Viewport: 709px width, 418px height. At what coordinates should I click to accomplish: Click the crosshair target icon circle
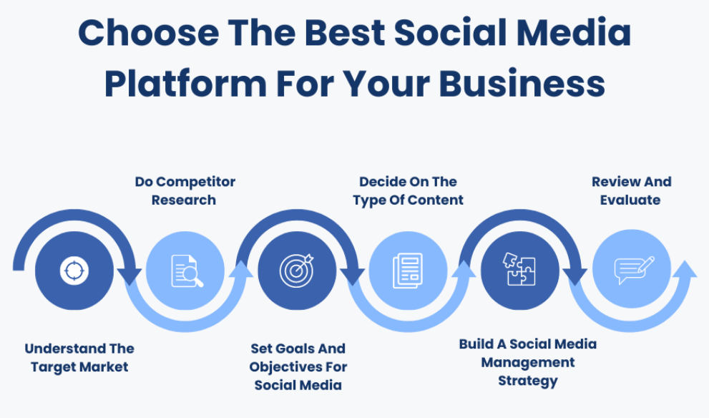73,271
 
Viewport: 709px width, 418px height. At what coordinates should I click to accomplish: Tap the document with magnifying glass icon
185,271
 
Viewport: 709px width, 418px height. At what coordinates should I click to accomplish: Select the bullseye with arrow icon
296,271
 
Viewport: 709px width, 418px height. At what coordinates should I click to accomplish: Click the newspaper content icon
408,271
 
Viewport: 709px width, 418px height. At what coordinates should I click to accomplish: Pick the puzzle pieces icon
519,270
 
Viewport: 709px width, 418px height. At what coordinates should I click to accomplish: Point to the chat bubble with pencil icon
632,271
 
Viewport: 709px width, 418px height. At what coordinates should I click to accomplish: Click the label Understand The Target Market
79,358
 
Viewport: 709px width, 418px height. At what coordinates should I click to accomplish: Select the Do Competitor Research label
185,190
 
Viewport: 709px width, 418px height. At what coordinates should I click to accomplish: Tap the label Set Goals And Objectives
298,366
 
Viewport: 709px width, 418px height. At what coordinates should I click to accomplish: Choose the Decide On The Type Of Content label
409,190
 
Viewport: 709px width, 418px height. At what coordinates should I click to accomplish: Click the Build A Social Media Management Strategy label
528,362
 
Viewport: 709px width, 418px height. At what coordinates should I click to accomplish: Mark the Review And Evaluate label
631,190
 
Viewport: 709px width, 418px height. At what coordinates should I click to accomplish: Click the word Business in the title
522,84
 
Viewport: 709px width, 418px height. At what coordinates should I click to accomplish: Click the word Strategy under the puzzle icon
528,381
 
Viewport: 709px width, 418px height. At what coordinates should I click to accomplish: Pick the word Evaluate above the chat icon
630,200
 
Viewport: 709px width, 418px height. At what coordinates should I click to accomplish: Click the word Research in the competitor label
184,200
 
